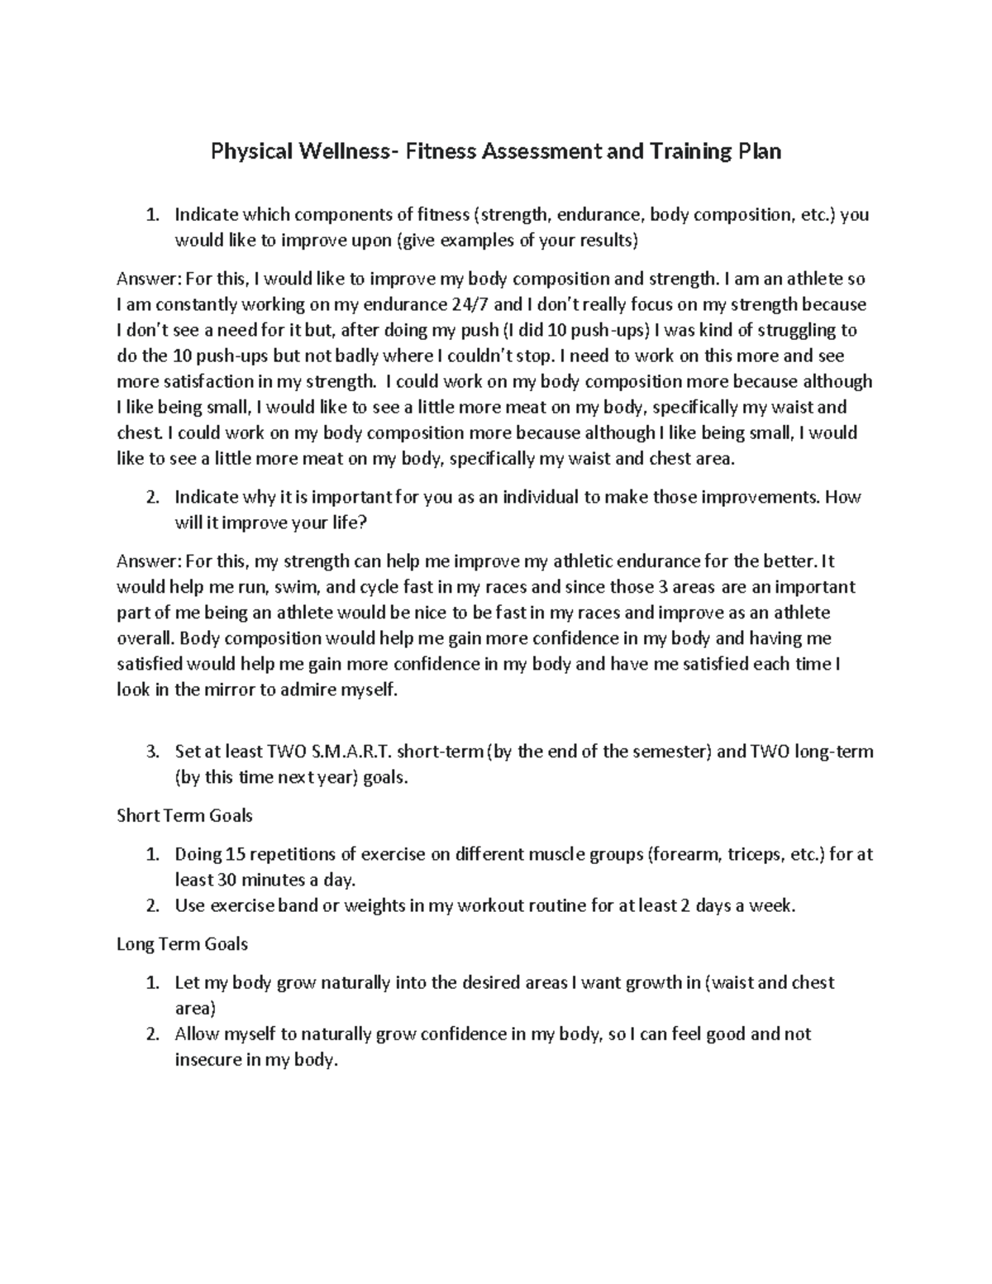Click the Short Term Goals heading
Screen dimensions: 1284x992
[x=184, y=816]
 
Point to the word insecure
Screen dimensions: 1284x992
[x=207, y=1060]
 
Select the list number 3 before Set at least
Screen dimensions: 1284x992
[x=150, y=752]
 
